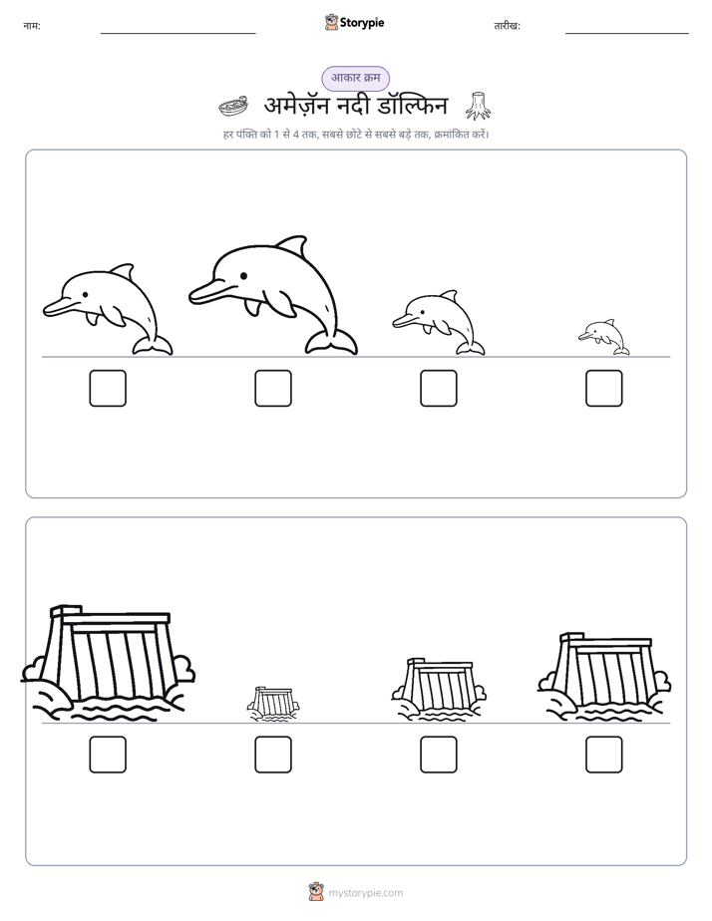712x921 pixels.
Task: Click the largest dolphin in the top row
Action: tap(273, 294)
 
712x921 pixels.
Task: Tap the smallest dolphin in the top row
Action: tap(603, 337)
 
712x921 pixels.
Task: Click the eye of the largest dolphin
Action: tap(243, 275)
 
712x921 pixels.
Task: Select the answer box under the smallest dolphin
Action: tap(604, 389)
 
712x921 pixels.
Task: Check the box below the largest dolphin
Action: tap(273, 389)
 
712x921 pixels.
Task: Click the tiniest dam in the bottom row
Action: tap(272, 703)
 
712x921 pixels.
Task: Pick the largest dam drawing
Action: tap(108, 663)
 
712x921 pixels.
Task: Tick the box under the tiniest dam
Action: tap(273, 755)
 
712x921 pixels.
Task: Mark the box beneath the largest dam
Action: tap(108, 755)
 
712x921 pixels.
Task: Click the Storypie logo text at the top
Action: tap(362, 22)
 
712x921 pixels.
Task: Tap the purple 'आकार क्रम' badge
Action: tap(355, 78)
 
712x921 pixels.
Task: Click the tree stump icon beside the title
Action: tap(478, 106)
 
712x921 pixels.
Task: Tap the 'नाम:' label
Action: tap(32, 26)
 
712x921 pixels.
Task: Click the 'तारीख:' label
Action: tap(507, 26)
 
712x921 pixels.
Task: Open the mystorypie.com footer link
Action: tap(365, 893)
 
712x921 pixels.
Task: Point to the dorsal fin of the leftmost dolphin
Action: tap(123, 272)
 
